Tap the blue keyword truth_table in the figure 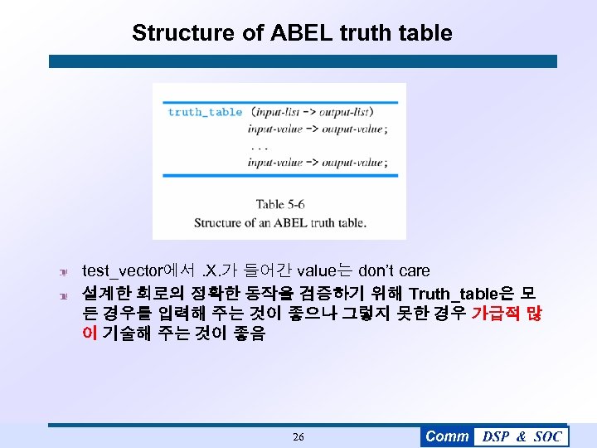coord(205,112)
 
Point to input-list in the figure coord(283,112)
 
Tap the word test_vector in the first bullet coord(123,270)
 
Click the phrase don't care coord(394,270)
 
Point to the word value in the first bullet coord(316,270)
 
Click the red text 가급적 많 coord(506,314)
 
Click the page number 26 coord(298,436)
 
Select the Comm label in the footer coord(447,436)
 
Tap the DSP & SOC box coord(522,436)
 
